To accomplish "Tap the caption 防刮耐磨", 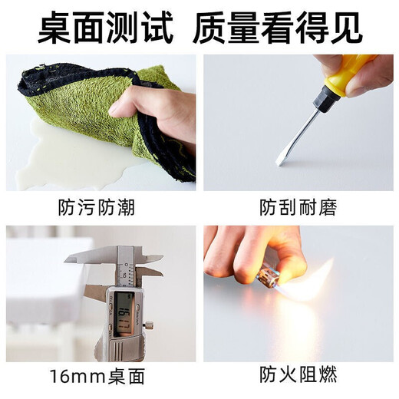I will (x=298, y=208).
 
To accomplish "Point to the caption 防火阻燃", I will (x=298, y=376).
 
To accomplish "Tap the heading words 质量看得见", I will (x=288, y=28).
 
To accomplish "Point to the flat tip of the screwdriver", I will (x=282, y=159).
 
